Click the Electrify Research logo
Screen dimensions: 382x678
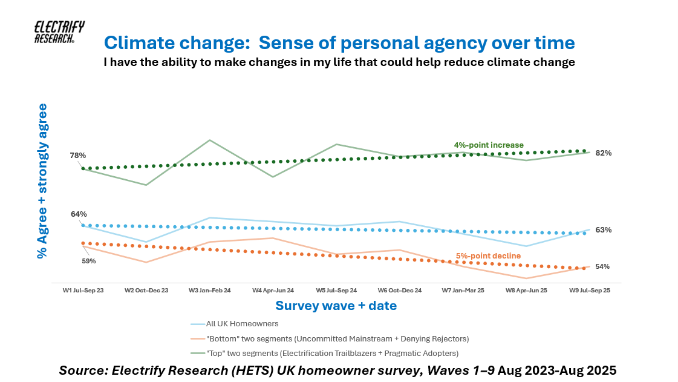click(x=59, y=32)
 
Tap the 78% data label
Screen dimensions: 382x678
click(x=78, y=156)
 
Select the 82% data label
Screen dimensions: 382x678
click(x=603, y=153)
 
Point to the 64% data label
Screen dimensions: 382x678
click(x=79, y=214)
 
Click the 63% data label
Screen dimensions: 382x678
click(x=603, y=230)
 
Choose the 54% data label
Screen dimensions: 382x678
click(x=602, y=266)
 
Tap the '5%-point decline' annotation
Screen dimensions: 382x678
click(x=489, y=256)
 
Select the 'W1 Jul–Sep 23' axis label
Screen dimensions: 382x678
click(x=83, y=291)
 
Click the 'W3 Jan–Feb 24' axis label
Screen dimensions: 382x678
click(x=209, y=291)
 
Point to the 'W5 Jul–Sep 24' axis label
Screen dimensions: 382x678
click(x=336, y=291)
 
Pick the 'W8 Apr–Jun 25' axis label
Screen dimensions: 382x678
click(x=526, y=291)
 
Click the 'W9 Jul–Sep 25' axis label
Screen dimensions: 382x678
click(x=590, y=291)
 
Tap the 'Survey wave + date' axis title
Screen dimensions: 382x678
click(x=336, y=306)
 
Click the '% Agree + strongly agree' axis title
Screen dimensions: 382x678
click(x=42, y=181)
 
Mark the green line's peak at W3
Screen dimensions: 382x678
click(x=209, y=140)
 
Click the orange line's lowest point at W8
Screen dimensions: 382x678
click(x=526, y=278)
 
